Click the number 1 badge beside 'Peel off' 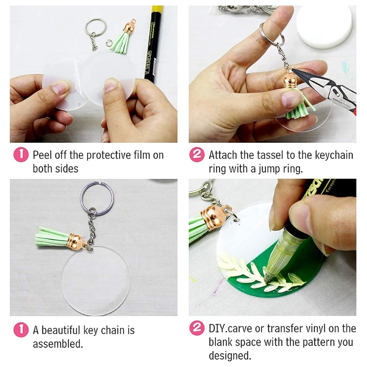coord(21,155)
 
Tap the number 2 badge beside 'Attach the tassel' coord(197,155)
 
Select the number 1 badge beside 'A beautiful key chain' coord(21,329)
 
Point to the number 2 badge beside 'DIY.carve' coord(197,328)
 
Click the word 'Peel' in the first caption coord(42,155)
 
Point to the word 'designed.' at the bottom coord(230,356)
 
